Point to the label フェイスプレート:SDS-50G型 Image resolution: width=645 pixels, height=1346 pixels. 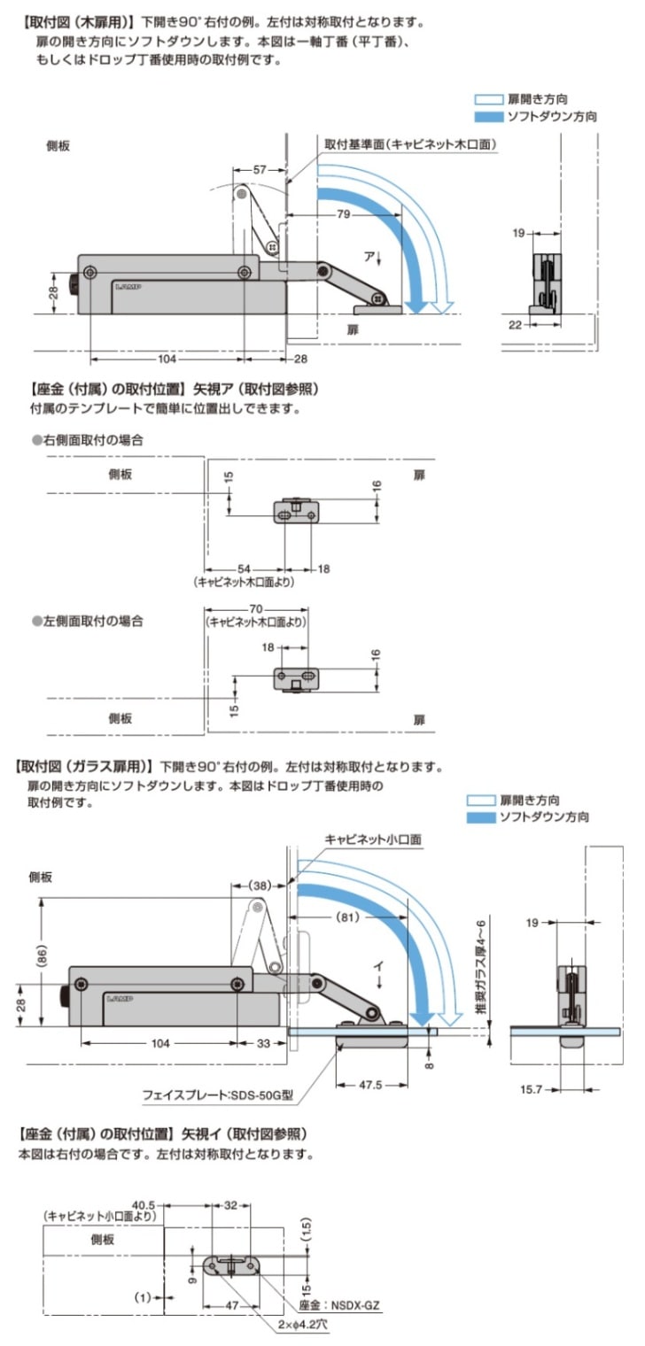point(218,1095)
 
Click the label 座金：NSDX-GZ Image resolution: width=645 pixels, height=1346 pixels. point(349,1304)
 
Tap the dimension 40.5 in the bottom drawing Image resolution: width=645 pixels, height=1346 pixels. point(144,1204)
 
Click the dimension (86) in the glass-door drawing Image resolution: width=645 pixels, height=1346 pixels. point(41,953)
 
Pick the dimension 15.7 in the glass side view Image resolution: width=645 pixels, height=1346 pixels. point(532,1087)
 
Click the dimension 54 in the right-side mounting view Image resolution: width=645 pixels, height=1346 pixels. point(244,569)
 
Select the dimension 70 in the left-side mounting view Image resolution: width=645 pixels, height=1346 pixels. point(256,609)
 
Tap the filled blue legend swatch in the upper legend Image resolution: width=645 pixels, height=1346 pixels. point(488,116)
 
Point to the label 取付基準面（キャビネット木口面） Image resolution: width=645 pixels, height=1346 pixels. point(409,144)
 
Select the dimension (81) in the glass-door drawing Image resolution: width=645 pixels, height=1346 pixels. point(347,917)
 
